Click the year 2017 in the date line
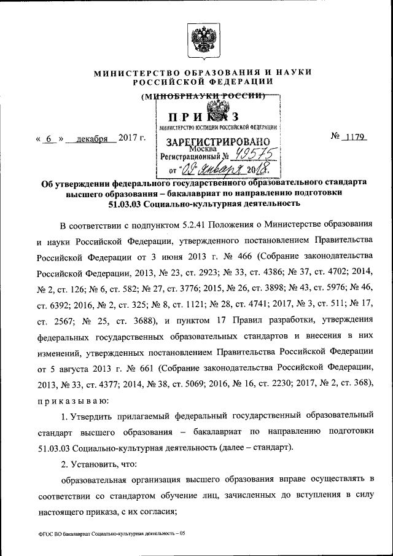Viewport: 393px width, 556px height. click(127, 138)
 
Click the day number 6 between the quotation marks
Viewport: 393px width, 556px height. click(47, 138)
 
